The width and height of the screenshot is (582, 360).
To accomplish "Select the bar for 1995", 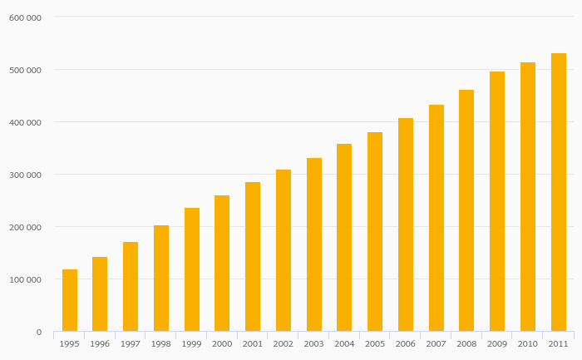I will pos(70,300).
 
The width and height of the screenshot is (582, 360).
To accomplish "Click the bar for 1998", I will pos(161,279).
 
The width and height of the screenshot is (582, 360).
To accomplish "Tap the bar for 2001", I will pos(253,257).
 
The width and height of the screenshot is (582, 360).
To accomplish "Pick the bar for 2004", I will pos(344,238).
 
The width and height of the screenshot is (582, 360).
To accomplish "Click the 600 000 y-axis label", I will pos(25,17).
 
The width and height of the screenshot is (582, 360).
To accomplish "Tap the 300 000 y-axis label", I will pos(25,175).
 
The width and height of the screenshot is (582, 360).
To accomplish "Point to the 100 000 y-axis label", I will pos(25,279).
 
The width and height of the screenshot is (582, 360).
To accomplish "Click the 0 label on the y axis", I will pos(38,333).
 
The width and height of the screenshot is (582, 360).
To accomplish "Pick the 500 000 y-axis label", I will pos(25,70).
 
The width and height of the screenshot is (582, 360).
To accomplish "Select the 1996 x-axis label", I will pos(100,344).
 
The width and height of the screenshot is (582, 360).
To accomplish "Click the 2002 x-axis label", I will pos(284,344).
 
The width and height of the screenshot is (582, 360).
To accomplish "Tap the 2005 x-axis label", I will pos(375,344).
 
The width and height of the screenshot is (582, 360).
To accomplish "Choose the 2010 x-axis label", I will pos(528,344).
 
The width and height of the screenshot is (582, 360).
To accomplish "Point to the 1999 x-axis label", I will pos(192,344).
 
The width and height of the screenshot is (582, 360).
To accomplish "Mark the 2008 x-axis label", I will pos(466,344).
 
